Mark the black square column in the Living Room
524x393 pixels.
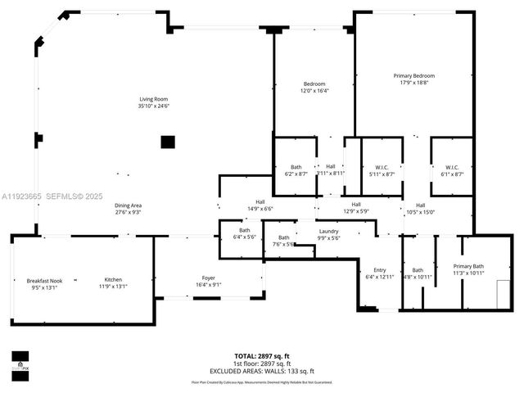[167, 142]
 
